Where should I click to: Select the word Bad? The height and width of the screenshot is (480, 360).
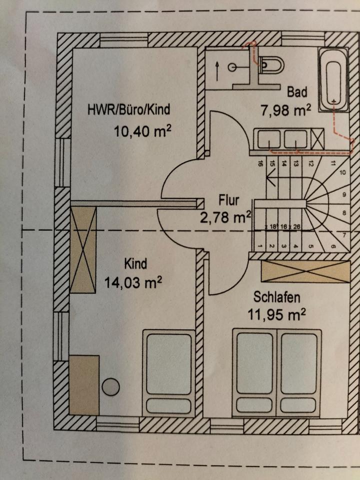point(296,92)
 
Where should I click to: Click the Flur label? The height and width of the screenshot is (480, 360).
point(229,200)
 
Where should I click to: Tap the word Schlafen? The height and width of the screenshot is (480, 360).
point(276,297)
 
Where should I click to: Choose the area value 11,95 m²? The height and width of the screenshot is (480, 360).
point(276,314)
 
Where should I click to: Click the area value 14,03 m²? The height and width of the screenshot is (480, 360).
point(133,282)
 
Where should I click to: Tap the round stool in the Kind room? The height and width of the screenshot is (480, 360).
point(110,387)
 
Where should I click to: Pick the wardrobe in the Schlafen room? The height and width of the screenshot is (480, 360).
point(305,272)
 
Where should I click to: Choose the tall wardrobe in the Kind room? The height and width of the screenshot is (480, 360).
point(83,249)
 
